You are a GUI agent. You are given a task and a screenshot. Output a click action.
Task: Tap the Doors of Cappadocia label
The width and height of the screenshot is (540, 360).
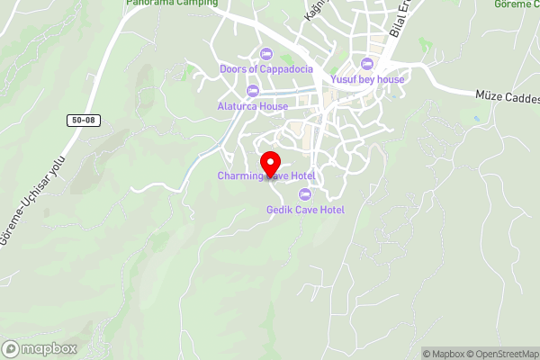(x=265, y=69)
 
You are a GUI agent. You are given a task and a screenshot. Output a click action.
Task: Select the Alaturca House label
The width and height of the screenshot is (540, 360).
(x=252, y=106)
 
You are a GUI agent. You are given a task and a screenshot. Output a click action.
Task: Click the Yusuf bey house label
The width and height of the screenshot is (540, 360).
(x=367, y=79)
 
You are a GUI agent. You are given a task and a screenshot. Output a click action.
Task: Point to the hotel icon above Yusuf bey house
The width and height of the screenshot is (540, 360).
(x=367, y=64)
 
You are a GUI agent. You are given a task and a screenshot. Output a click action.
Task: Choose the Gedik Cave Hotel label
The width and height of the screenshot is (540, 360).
(x=305, y=210)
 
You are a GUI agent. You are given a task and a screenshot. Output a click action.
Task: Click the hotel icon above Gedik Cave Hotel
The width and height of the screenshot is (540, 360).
(x=305, y=194)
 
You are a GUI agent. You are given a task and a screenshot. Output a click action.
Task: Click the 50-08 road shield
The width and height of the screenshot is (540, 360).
(x=80, y=119)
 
